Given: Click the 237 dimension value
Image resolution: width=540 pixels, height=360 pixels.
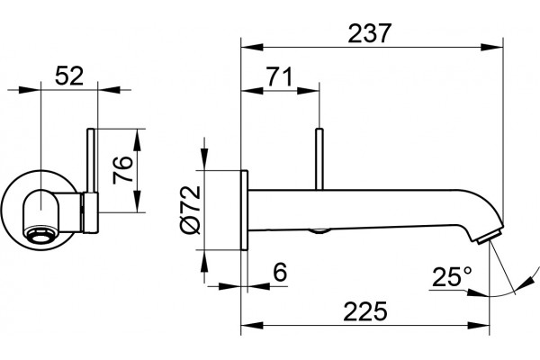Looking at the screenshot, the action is coord(370,33).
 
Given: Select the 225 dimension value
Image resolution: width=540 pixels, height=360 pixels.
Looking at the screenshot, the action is coord(365,311).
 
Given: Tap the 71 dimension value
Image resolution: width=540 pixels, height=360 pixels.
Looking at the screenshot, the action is coord(280,76).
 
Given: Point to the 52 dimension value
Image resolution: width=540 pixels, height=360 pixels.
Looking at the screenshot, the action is coord(69,76).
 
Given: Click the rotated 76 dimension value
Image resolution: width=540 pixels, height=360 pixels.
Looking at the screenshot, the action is coord(123,170).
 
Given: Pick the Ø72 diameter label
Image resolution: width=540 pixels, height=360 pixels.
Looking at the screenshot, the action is coord(190,210).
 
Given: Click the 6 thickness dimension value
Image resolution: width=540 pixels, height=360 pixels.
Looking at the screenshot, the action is coord(280,272).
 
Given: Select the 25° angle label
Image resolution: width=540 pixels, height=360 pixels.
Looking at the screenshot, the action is coord(452,276).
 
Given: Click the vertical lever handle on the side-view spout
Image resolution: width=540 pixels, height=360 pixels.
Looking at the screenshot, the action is coord(319,159).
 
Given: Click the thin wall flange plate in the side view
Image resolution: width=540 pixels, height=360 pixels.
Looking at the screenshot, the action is coord(244,210).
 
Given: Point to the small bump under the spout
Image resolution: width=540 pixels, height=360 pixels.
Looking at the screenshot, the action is coord(319,231).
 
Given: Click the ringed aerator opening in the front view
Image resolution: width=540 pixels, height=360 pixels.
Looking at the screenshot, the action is coord(41,237).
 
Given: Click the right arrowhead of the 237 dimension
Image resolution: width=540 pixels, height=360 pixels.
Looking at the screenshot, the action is coord(492,47).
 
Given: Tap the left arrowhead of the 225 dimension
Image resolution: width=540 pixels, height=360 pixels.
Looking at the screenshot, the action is coord(252,325).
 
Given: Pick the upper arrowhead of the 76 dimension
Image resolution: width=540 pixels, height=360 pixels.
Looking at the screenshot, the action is coord(138,139).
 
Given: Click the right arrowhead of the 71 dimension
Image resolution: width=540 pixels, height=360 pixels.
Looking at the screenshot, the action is coord(308,91).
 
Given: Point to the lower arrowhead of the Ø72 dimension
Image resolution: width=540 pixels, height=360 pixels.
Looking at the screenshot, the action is coord(205,261).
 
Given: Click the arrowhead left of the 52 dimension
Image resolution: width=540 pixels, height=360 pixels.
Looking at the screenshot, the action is coord(30,90).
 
